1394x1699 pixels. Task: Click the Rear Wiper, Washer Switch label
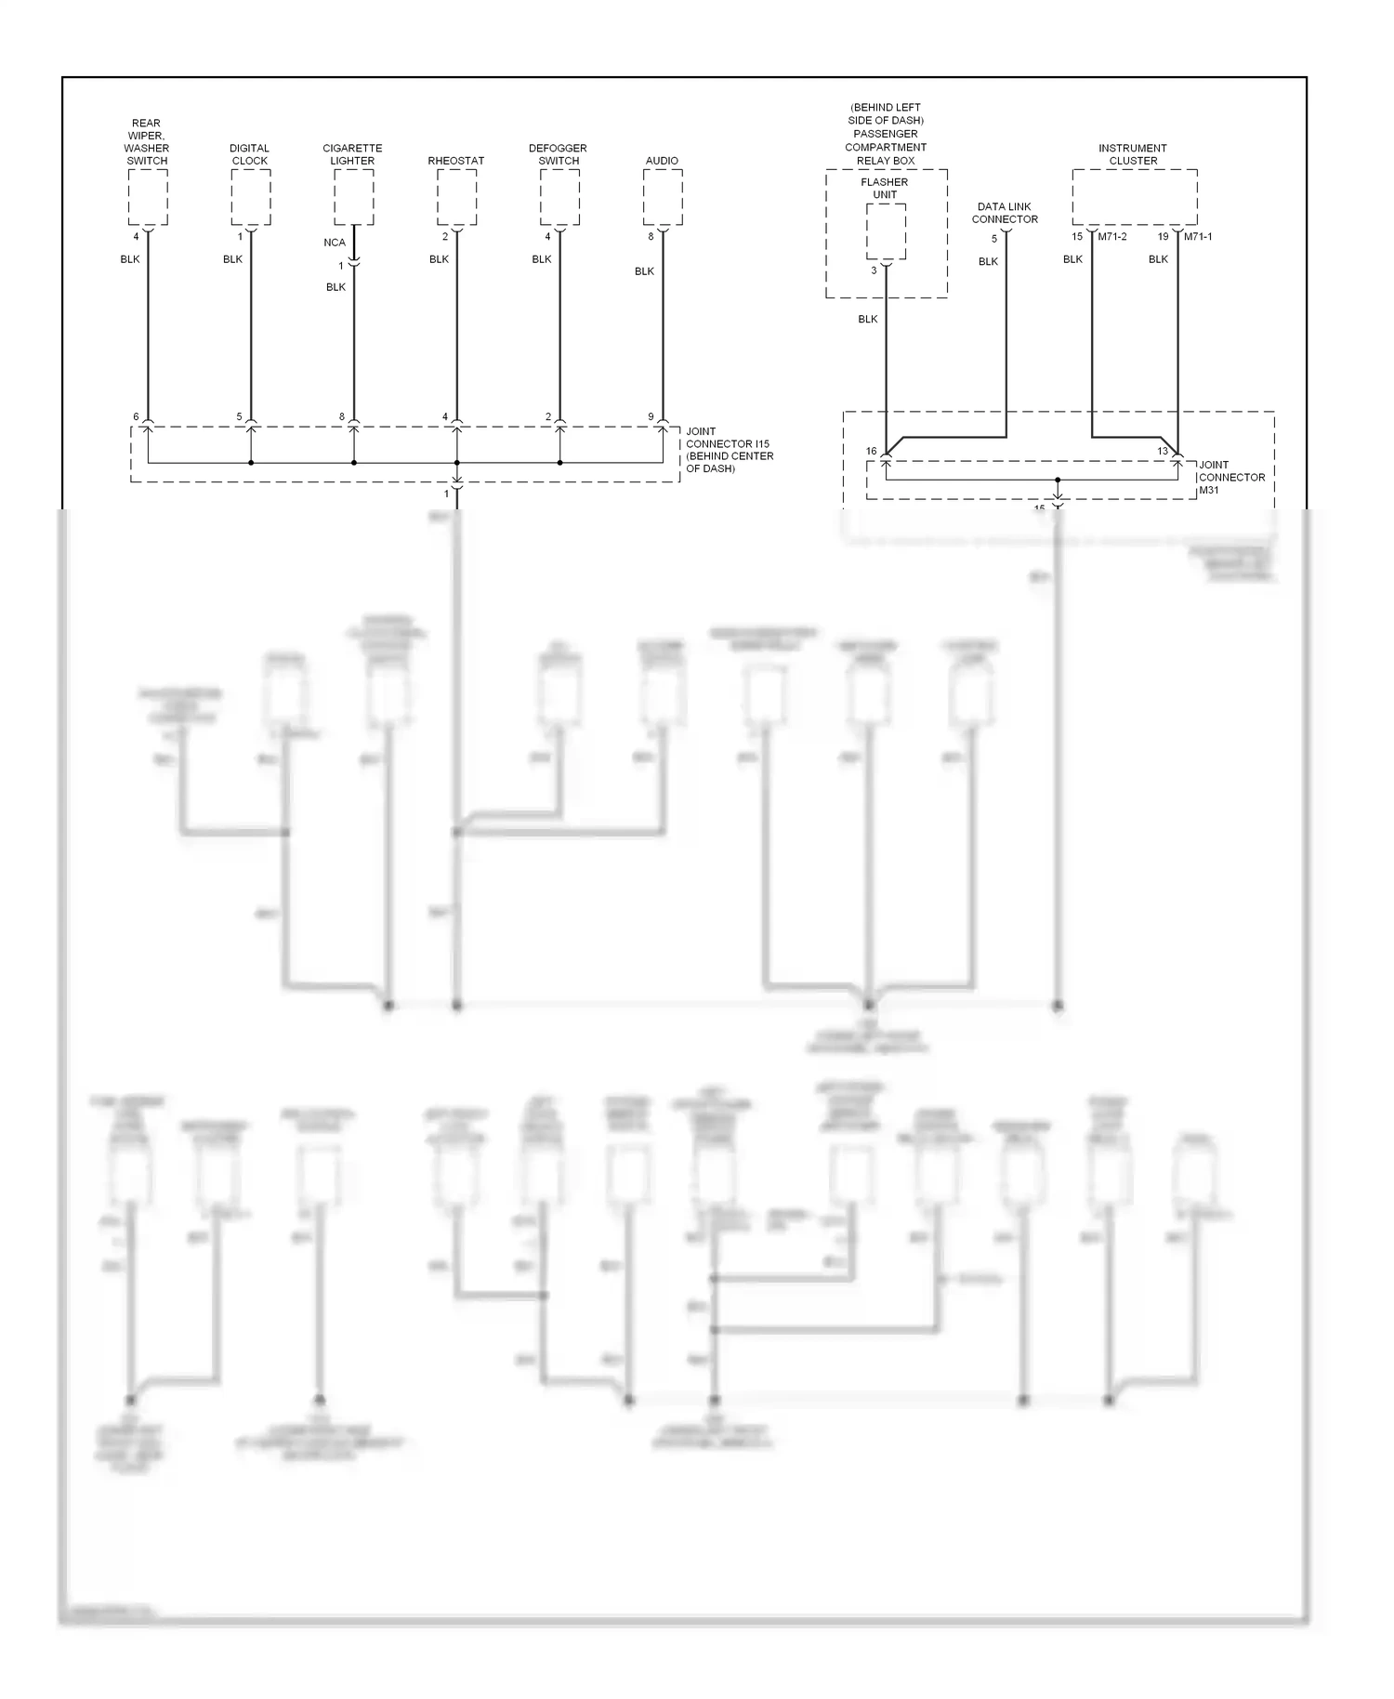pos(147,142)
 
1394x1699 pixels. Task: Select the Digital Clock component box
pos(251,197)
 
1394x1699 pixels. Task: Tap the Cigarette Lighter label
pos(352,154)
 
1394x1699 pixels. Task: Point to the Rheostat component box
pos(456,197)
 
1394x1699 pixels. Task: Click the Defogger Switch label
pos(559,154)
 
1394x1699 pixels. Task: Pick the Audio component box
pos(663,197)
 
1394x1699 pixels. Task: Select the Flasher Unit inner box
pos(886,231)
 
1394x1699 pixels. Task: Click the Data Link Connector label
pos(1005,213)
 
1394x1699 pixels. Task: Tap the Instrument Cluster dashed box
pos(1134,197)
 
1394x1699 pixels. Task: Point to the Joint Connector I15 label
pos(730,450)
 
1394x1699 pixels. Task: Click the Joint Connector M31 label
pos(1231,477)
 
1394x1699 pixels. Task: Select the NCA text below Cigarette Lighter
pos(335,243)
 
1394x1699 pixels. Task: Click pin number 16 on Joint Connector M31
pos(872,452)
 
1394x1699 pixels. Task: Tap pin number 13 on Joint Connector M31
pos(1163,452)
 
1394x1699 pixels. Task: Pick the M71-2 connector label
pos(1112,237)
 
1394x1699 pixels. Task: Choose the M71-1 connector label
pos(1198,237)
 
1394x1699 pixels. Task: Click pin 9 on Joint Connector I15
pos(651,417)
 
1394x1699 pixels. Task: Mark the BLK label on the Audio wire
pos(645,271)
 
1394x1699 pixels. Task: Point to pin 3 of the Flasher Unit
pos(874,270)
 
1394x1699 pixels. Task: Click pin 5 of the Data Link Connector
pos(994,239)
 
